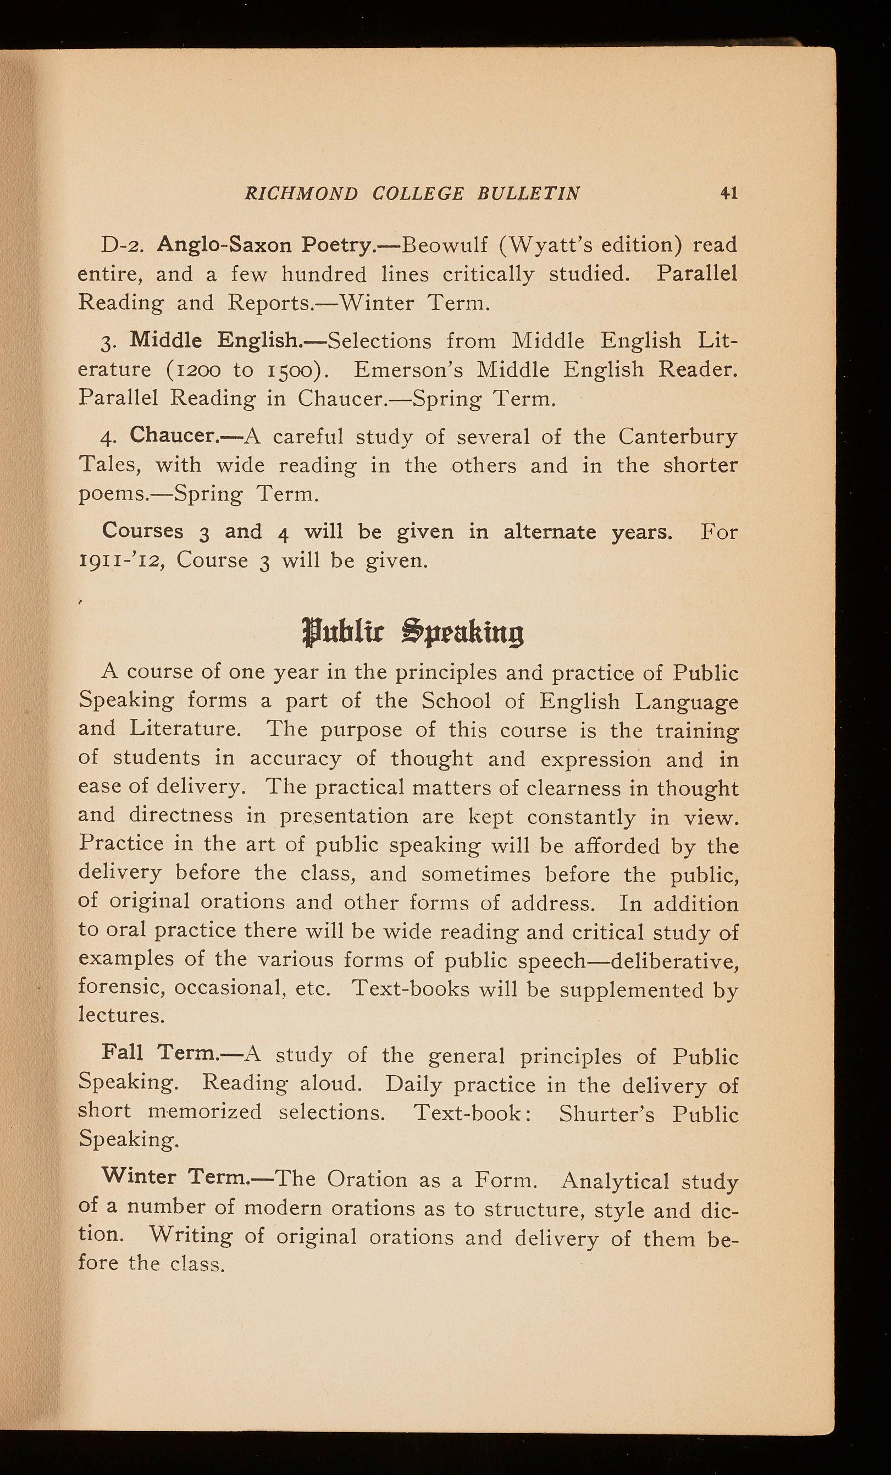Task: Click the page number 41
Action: tap(728, 192)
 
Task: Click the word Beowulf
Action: tap(439, 245)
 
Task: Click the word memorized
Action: tap(204, 1111)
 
